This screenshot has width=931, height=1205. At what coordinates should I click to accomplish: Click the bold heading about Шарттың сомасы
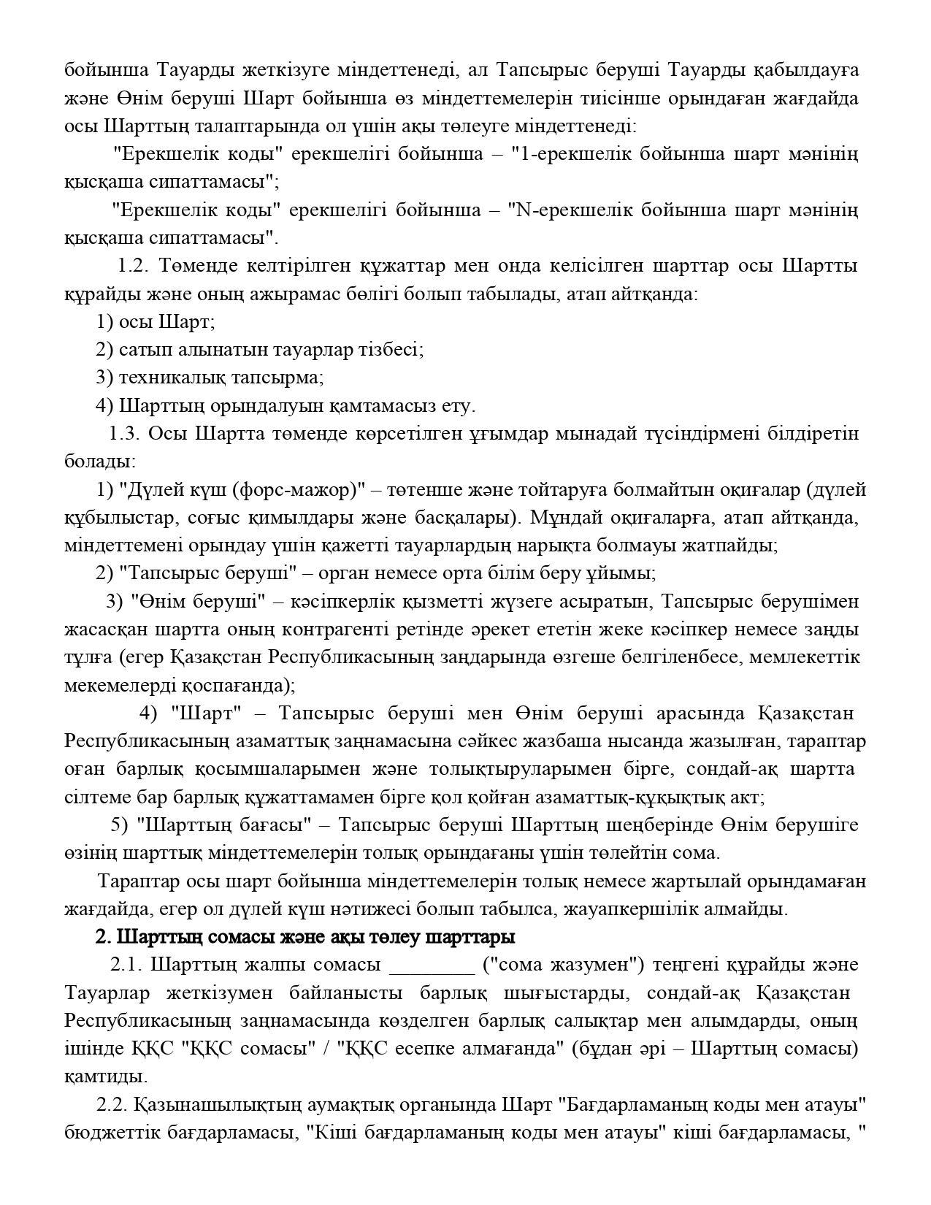[x=305, y=937]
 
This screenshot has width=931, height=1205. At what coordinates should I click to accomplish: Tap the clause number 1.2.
[x=133, y=265]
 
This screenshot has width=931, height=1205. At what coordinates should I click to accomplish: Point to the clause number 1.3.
[x=123, y=434]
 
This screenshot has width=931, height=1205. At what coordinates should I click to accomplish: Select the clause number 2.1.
[x=126, y=965]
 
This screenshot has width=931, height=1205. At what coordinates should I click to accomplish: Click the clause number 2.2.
[x=112, y=1105]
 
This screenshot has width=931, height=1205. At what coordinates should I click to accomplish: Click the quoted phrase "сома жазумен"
[x=564, y=965]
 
